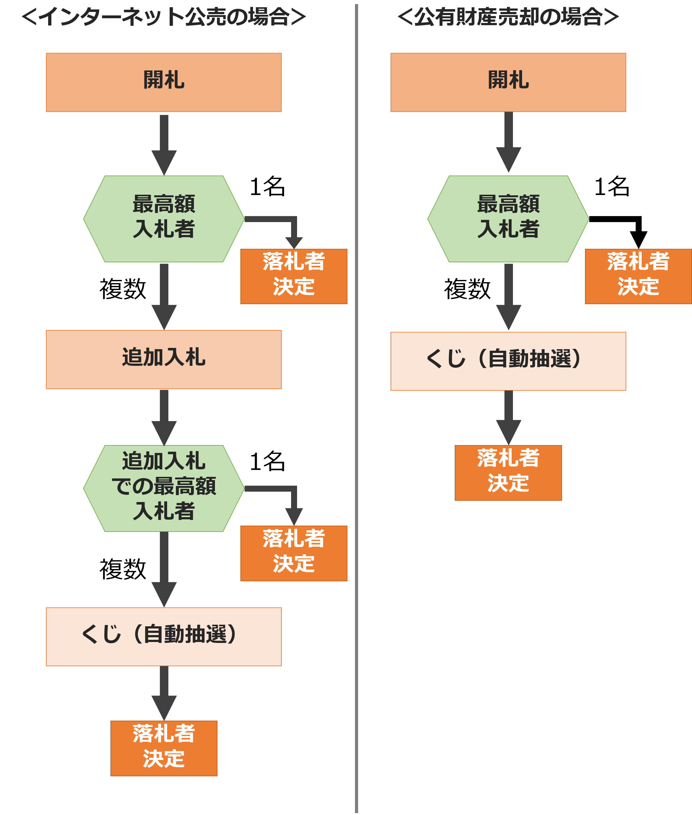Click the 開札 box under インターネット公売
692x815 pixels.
point(164,82)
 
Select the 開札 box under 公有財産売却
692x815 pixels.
point(508,82)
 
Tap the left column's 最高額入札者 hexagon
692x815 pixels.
point(164,218)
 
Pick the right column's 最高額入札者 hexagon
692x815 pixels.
point(508,218)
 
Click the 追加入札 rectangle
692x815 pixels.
point(164,359)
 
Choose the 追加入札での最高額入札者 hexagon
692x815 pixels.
point(164,488)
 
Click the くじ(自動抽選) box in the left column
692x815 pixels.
point(164,636)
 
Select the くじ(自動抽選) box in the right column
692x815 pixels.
point(508,361)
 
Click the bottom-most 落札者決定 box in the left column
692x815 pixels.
point(164,748)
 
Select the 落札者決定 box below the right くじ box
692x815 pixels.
point(508,472)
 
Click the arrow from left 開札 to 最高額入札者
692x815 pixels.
point(164,145)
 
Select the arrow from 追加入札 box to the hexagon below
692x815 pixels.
point(164,417)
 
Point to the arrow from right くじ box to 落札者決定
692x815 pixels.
point(509,417)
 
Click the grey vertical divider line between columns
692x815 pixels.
point(356,408)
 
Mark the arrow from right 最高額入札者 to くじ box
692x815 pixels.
point(509,297)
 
